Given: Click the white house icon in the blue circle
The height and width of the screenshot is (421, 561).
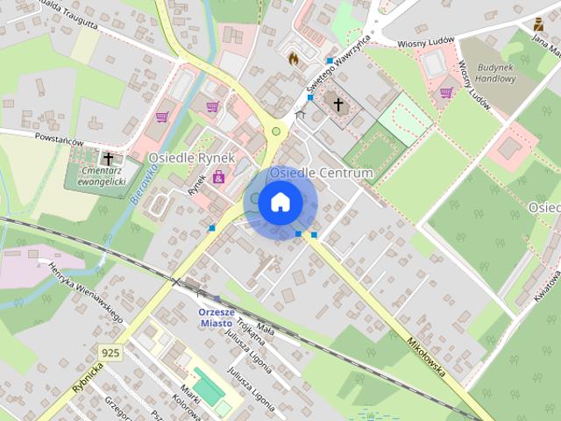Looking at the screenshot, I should click(280, 203).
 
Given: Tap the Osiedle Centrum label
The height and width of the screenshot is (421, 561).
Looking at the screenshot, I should click(321, 174).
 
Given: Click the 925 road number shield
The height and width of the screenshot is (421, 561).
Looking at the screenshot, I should click(110, 353).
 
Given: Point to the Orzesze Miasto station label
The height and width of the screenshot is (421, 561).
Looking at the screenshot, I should click(215, 317).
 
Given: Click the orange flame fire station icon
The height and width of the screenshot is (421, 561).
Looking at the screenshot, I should click(294, 58).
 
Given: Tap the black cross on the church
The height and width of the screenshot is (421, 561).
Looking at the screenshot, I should click(337, 104).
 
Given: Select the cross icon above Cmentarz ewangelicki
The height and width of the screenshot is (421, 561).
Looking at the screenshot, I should click(109, 159).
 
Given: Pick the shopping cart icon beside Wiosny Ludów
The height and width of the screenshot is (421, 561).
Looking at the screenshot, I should click(445, 92).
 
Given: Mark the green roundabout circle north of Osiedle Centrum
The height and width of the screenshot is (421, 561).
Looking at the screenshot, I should click(276, 132).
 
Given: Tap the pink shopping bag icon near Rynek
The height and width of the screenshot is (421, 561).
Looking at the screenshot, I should click(217, 179).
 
